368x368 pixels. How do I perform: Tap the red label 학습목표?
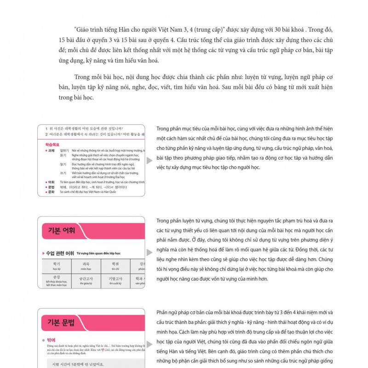pos(52,144)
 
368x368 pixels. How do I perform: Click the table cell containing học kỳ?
pos(56,266)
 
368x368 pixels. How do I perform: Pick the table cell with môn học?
pos(86,266)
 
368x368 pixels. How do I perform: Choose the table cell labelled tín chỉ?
pos(115,266)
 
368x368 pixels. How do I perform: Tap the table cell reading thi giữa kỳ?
pos(86,281)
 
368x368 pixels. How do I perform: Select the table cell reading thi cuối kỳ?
pos(115,281)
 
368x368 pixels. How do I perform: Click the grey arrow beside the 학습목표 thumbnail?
pos(149,161)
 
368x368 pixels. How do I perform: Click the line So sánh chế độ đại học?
pos(87,192)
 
